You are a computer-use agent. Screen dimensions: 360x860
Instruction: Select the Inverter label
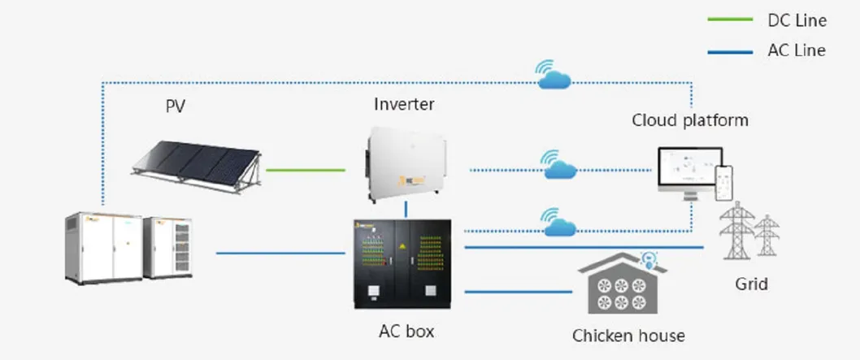(x=404, y=104)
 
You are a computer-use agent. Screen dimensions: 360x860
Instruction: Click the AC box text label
(x=406, y=332)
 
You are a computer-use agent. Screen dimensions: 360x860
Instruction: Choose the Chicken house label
(x=628, y=336)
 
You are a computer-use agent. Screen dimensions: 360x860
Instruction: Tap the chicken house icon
(x=622, y=284)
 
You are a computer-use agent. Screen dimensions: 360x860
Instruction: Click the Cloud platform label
(x=690, y=121)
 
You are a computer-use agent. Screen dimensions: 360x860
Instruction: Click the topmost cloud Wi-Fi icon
(x=554, y=76)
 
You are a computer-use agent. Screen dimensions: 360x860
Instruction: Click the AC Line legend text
(x=797, y=50)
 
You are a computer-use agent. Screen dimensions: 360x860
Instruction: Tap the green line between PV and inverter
(x=305, y=171)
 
